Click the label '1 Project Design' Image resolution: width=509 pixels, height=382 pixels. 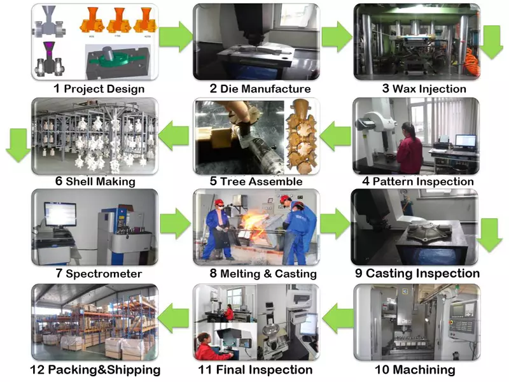pyautogui.click(x=98, y=88)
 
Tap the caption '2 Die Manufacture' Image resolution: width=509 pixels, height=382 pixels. pyautogui.click(x=260, y=88)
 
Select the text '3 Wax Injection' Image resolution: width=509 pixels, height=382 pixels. pyautogui.click(x=424, y=88)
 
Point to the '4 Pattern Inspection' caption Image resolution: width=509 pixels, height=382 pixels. pyautogui.click(x=417, y=181)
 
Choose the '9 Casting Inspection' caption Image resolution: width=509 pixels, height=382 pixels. pyautogui.click(x=417, y=273)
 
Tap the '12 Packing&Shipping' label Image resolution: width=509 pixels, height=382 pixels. pyautogui.click(x=95, y=369)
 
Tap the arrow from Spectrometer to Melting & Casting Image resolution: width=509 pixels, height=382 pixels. pyautogui.click(x=174, y=224)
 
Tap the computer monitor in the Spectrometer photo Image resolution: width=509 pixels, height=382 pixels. pyautogui.click(x=60, y=213)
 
